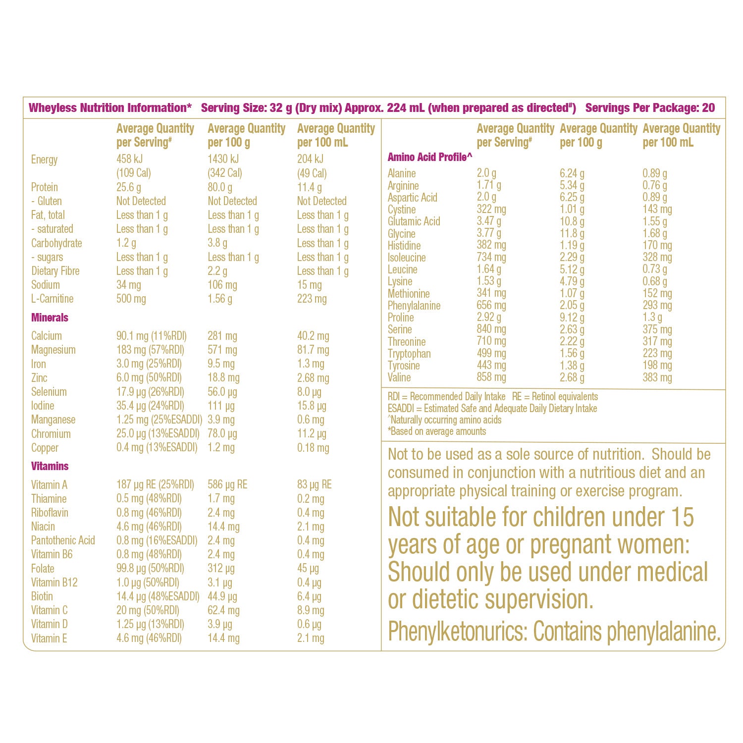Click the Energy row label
44,159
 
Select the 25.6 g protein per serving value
128,187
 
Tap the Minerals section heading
50,318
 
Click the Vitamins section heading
50,466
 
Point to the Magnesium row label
53,350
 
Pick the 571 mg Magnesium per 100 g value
222,350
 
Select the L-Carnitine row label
52,299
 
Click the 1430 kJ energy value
223,159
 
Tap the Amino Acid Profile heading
429,157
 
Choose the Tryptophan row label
409,354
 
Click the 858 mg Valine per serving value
491,377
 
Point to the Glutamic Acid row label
414,221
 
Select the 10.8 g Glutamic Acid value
572,221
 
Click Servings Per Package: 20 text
650,108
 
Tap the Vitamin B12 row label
54,583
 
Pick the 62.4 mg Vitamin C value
223,610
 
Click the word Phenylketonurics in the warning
456,632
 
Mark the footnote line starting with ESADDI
492,409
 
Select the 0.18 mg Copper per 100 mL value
313,448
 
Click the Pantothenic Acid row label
63,540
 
